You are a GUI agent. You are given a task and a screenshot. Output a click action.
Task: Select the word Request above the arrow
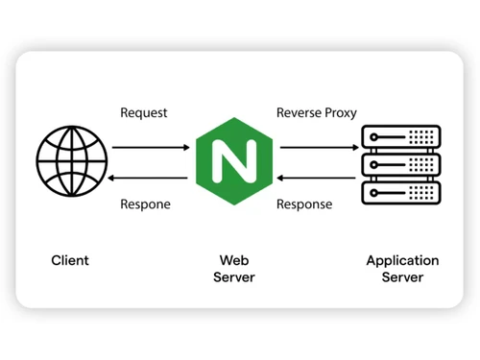pyautogui.click(x=144, y=113)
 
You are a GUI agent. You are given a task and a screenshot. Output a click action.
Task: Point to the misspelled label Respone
pyautogui.click(x=145, y=204)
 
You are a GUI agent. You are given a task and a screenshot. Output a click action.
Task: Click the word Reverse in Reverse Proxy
pyautogui.click(x=299, y=113)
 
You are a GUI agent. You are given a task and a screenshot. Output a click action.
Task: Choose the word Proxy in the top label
pyautogui.click(x=340, y=113)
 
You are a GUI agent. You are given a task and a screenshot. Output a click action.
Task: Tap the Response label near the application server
pyautogui.click(x=304, y=204)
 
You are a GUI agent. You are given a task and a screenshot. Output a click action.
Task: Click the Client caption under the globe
pyautogui.click(x=70, y=260)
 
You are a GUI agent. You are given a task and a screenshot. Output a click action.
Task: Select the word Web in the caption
pyautogui.click(x=234, y=260)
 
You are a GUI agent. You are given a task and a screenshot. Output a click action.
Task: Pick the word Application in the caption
pyautogui.click(x=402, y=260)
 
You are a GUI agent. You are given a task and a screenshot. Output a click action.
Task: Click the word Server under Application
pyautogui.click(x=402, y=277)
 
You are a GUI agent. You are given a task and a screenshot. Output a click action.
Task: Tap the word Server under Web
pyautogui.click(x=234, y=277)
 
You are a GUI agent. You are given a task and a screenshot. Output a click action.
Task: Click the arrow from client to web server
pyautogui.click(x=151, y=148)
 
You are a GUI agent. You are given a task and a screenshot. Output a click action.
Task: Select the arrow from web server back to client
pyautogui.click(x=151, y=178)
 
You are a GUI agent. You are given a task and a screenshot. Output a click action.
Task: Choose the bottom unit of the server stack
pyautogui.click(x=401, y=192)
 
